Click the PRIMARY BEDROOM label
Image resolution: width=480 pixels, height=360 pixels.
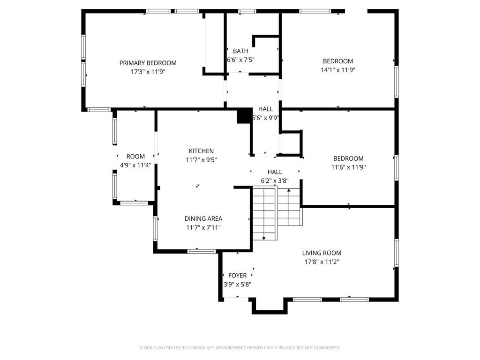(x=148, y=63)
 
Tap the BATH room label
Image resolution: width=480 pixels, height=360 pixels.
(x=240, y=51)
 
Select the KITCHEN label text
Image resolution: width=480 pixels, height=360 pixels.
(x=201, y=151)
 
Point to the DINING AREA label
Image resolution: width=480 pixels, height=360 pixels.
(x=203, y=218)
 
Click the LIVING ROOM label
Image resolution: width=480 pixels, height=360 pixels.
(x=322, y=253)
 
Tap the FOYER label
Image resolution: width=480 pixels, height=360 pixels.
(x=238, y=276)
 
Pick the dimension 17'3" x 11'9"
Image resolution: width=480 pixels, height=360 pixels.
(x=148, y=72)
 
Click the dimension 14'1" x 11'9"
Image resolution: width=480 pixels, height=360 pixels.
(x=338, y=70)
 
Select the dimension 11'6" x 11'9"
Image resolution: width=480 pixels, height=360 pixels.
(x=348, y=167)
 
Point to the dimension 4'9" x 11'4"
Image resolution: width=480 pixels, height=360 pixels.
(x=135, y=165)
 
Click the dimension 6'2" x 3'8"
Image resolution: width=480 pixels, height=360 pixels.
(x=275, y=181)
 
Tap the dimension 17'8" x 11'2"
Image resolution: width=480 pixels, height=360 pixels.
(x=322, y=262)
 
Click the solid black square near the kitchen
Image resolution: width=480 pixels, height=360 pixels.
(x=244, y=116)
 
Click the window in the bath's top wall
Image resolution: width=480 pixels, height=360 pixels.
(x=247, y=11)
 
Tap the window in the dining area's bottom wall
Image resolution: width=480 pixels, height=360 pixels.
(x=202, y=251)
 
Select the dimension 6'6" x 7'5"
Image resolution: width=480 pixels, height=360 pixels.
(x=240, y=60)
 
